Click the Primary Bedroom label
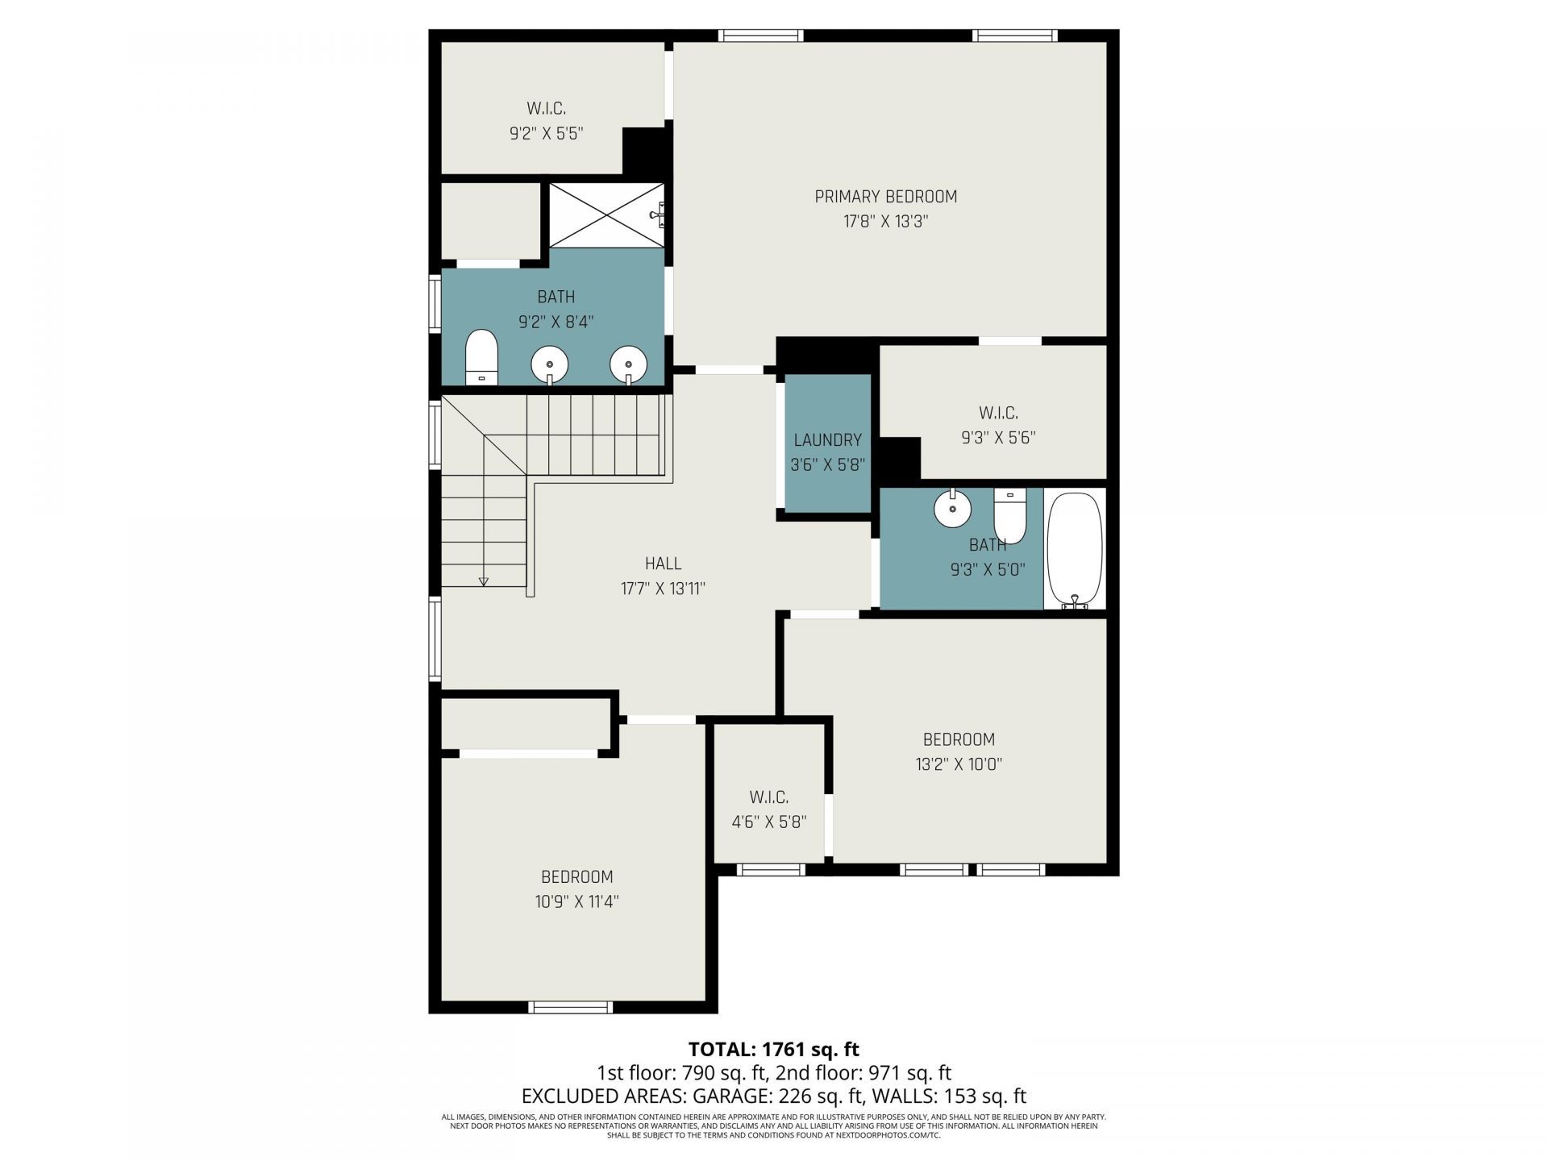click(885, 197)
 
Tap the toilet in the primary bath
click(482, 356)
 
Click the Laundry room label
click(827, 440)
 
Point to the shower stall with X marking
click(606, 215)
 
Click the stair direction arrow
click(484, 579)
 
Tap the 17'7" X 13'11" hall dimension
click(663, 589)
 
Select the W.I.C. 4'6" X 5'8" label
click(768, 809)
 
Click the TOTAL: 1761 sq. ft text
click(773, 1049)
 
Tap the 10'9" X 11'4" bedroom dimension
click(576, 901)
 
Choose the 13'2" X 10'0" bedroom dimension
click(959, 764)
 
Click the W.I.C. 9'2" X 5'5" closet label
click(546, 121)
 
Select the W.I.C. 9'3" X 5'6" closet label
click(998, 425)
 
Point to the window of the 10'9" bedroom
click(570, 1006)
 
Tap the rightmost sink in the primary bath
click(628, 364)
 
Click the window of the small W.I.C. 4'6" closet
click(772, 869)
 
